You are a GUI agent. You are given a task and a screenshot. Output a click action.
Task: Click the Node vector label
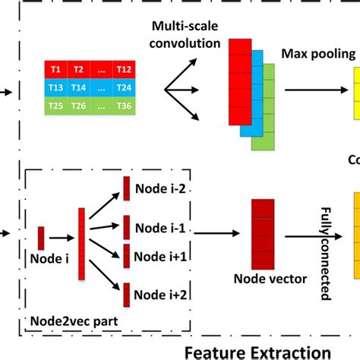point(262,279)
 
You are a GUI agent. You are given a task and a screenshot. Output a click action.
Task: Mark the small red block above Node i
point(41,237)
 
